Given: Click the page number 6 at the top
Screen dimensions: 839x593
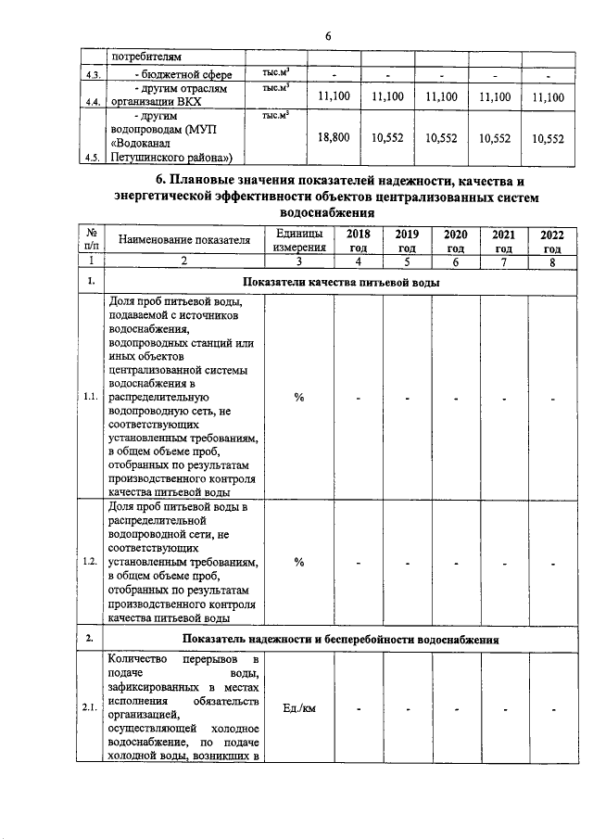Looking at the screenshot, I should point(327,36).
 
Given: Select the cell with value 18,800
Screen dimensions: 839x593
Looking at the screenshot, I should point(334,137).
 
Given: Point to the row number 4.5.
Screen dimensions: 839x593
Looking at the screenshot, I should point(92,158).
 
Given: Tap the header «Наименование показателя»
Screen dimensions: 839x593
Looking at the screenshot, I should point(184,242).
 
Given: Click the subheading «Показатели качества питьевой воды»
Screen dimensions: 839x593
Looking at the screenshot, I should point(340,282).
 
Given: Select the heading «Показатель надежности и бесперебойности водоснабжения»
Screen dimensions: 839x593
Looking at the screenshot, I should point(341,640).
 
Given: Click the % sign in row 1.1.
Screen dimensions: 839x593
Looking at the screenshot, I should point(299,398).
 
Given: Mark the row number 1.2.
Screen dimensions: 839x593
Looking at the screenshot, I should point(92,562).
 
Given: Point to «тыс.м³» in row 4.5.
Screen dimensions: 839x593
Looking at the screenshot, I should point(276,115).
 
